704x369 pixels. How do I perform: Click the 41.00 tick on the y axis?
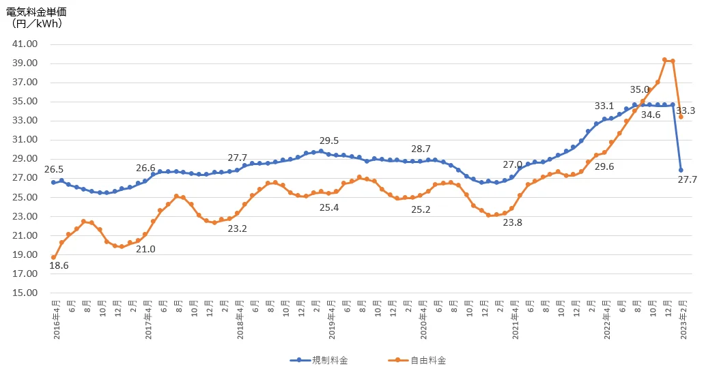25,44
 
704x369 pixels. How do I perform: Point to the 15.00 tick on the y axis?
25,293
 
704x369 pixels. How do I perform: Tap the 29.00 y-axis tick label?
25,159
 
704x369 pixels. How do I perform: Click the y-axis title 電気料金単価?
38,12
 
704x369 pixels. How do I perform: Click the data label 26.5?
54,169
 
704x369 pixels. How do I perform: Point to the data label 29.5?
329,141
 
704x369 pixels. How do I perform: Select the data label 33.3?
685,111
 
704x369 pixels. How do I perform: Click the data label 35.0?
640,89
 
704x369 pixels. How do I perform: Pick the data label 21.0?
145,249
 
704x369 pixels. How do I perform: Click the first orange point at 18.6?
53,258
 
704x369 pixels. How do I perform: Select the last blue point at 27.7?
681,170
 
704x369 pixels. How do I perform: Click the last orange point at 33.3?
681,117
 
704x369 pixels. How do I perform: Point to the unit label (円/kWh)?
38,24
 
